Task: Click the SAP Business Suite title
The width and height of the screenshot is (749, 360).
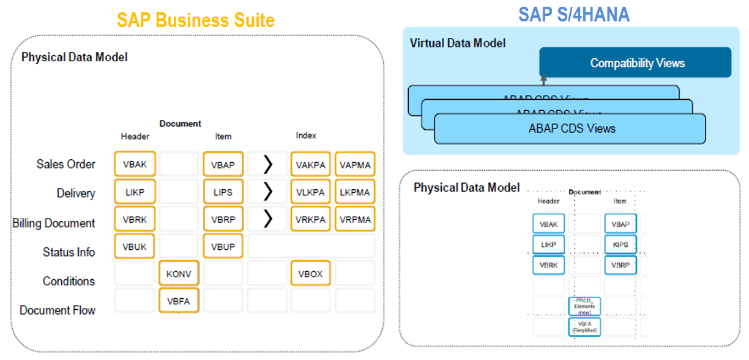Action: (x=196, y=20)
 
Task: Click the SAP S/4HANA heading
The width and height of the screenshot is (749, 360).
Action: (x=573, y=14)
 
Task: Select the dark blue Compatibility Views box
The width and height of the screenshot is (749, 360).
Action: (x=636, y=63)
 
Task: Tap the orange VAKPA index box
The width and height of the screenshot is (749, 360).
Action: (x=311, y=164)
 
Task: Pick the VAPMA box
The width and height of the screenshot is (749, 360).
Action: (x=355, y=164)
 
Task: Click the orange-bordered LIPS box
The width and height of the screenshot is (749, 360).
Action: (x=223, y=192)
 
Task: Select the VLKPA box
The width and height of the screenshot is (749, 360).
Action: (x=311, y=192)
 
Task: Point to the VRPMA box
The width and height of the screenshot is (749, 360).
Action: (x=355, y=219)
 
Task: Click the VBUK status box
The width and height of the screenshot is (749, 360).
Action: (x=135, y=246)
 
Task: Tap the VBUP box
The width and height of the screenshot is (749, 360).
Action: (x=223, y=246)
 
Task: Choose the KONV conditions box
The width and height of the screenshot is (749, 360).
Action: (x=179, y=274)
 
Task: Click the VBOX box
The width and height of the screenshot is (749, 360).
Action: (x=311, y=274)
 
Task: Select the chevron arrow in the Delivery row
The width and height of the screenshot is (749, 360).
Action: (x=267, y=192)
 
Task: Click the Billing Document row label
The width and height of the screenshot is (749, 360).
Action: (x=54, y=223)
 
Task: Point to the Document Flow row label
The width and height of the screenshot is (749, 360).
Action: (x=58, y=310)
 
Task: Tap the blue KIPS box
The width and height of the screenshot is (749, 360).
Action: (x=620, y=244)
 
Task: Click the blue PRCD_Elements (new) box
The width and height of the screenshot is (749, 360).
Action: (x=584, y=306)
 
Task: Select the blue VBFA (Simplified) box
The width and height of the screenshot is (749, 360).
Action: (x=584, y=326)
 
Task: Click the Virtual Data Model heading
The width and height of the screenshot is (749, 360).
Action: (x=458, y=43)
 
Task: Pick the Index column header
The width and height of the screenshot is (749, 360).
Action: (x=306, y=136)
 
